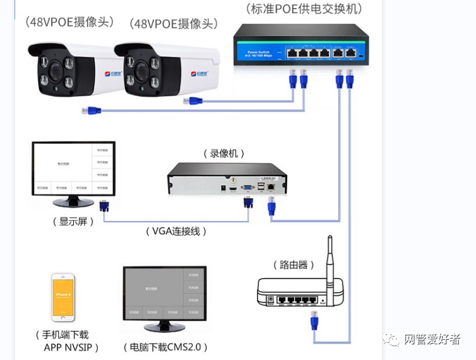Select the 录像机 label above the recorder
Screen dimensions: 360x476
point(223,153)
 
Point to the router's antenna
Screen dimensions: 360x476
point(330,256)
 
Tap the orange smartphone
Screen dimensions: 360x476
point(63,298)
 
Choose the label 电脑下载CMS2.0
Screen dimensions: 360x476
point(165,347)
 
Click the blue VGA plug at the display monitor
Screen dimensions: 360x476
point(104,205)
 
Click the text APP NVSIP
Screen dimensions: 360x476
point(71,347)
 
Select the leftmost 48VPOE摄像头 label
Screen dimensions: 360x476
point(69,21)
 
